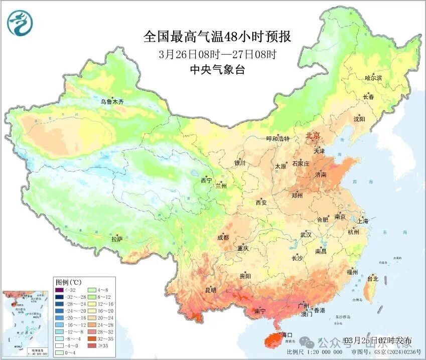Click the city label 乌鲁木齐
click(111, 102)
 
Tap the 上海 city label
click(362, 221)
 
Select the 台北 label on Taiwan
click(372, 279)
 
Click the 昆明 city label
click(210, 290)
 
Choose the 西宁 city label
click(206, 180)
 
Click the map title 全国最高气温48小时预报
click(217, 37)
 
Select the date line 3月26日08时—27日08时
click(217, 54)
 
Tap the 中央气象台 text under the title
click(217, 70)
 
